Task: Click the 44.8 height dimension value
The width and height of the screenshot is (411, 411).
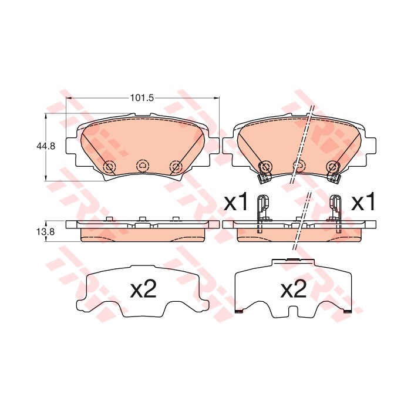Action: pos(46,146)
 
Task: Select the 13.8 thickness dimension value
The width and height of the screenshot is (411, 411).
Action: pos(46,231)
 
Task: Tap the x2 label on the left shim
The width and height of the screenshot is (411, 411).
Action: pos(143,288)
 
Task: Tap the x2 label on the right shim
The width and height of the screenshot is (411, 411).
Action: pos(294,288)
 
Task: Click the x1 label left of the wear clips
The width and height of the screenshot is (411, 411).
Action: pos(235,201)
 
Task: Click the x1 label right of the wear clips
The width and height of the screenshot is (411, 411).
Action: pos(363,201)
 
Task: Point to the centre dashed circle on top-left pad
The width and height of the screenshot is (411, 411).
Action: pos(142,166)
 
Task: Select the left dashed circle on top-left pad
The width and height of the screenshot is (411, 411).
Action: pos(109,166)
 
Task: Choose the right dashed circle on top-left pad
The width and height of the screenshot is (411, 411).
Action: pos(176,166)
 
